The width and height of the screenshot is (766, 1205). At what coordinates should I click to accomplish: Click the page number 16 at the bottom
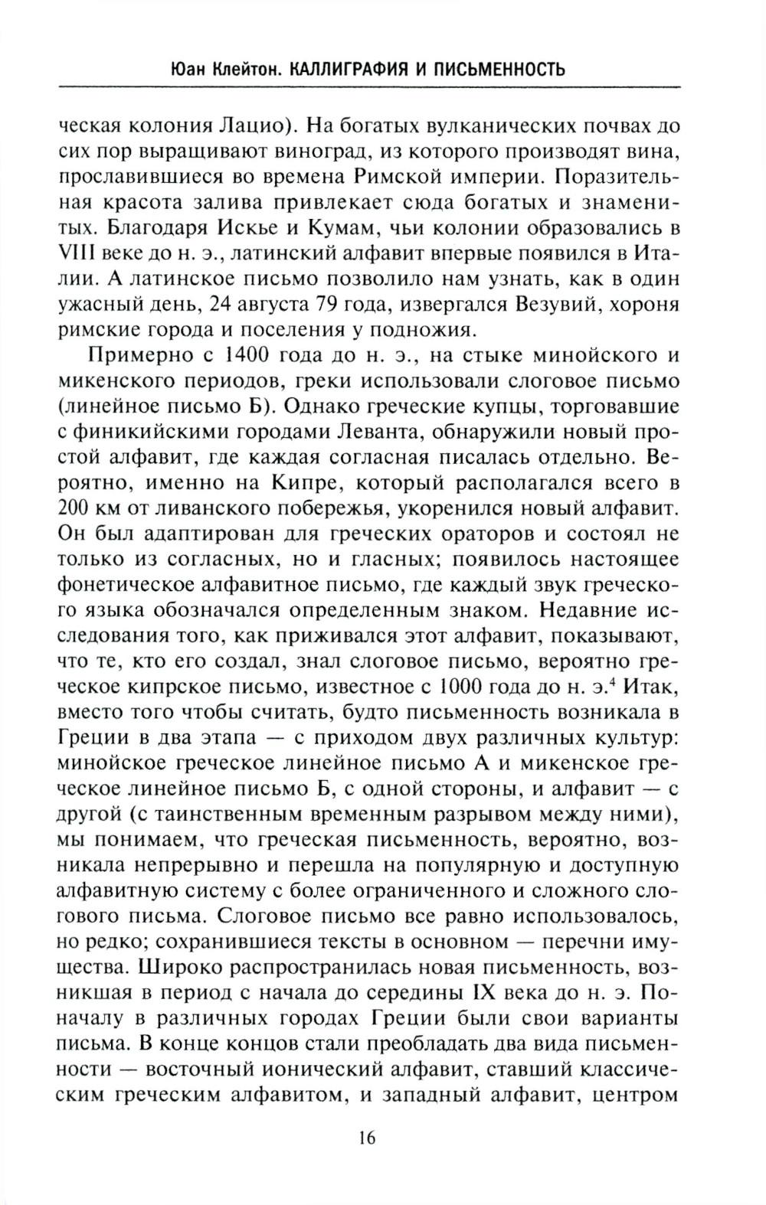(x=365, y=1137)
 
